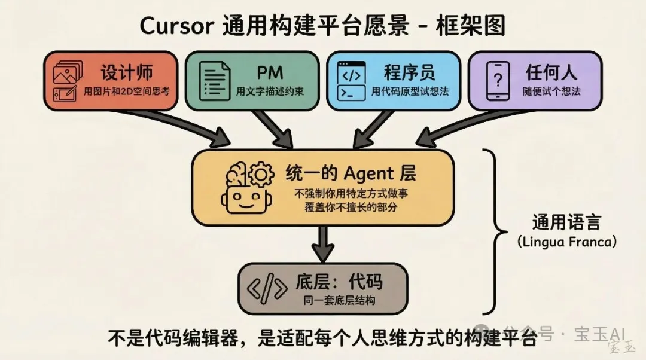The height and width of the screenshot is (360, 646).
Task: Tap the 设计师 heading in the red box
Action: [127, 72]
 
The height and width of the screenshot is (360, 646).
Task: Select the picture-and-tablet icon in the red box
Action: [66, 82]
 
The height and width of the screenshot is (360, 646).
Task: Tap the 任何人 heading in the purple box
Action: [551, 72]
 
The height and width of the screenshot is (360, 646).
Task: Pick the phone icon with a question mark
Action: [497, 81]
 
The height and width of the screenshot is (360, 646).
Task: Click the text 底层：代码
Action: [339, 282]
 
